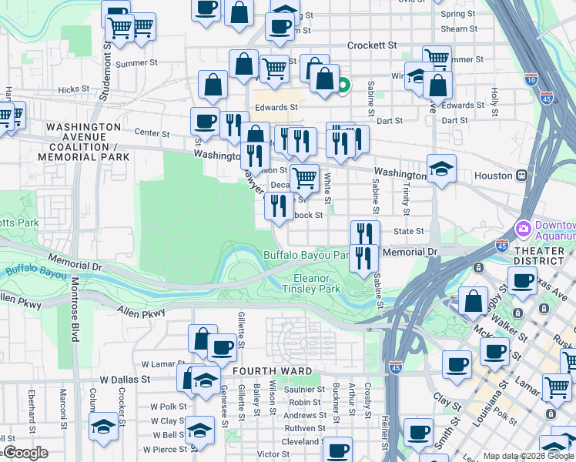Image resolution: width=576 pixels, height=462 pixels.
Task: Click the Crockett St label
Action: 371,45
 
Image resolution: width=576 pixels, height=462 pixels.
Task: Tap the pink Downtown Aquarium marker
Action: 524,229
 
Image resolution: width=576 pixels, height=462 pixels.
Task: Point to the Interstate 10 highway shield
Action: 531,78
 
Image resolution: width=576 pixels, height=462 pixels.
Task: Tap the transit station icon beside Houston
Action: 522,176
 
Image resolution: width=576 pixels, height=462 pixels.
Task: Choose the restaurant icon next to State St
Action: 365,233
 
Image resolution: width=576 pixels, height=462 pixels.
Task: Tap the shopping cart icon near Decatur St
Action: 304,178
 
